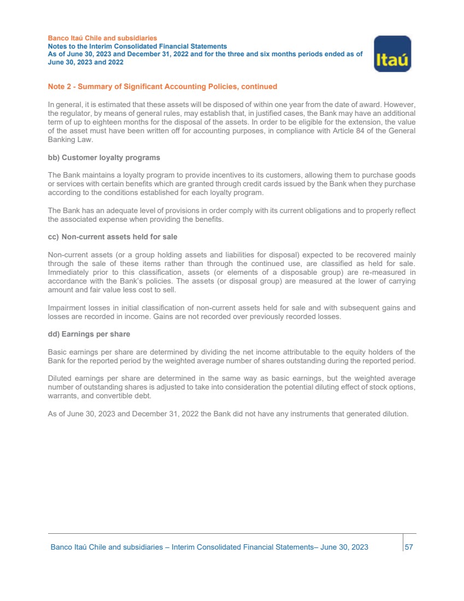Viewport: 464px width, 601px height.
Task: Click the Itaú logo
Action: (392, 54)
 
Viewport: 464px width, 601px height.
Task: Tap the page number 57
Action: (409, 547)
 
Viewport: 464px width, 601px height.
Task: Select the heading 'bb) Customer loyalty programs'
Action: (104, 157)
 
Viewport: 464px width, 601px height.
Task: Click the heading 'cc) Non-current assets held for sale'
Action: (113, 237)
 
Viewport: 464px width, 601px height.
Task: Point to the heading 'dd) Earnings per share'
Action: (89, 334)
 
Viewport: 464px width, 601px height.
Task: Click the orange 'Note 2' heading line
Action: (162, 86)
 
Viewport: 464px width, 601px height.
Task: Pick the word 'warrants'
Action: (62, 395)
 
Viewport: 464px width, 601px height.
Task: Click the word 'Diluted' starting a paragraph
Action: (61, 379)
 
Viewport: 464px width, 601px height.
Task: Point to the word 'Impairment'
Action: (67, 308)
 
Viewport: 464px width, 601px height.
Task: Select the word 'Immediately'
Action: (69, 272)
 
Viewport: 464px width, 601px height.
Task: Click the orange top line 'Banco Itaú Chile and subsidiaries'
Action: (102, 38)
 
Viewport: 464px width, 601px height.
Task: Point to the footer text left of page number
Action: (209, 547)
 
